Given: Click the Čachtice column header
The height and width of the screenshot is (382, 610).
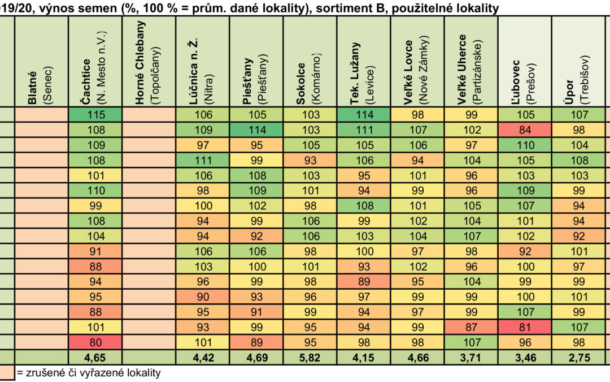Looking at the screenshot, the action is (x=95, y=62).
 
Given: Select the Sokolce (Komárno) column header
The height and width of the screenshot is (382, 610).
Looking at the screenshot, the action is (x=310, y=62).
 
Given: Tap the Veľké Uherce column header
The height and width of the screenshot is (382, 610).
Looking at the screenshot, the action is (x=471, y=62).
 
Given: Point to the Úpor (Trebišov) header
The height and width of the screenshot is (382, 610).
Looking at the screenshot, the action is (x=578, y=62).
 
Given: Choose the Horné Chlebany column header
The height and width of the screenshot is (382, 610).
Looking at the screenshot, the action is (x=149, y=62).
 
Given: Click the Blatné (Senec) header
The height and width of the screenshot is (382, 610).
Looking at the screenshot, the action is (x=42, y=62).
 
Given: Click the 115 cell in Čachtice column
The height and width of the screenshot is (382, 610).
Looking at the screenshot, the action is (x=95, y=114).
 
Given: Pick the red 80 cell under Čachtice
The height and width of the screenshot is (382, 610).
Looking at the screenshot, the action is (x=95, y=342).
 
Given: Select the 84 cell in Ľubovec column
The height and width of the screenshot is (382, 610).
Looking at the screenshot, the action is (x=525, y=130).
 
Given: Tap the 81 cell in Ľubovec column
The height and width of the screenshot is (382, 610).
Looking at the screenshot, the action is (x=525, y=327).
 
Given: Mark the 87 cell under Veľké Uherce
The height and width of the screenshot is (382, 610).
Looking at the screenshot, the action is (x=471, y=327).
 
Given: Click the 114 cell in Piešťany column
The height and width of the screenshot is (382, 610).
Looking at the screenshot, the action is (x=256, y=130).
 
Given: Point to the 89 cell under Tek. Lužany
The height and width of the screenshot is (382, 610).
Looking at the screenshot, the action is (x=364, y=281).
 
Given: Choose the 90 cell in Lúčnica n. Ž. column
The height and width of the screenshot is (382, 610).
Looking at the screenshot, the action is (x=203, y=297).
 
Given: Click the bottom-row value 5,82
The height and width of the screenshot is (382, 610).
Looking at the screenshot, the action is (x=310, y=358).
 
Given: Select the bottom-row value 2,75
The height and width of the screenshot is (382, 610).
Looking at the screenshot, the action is (x=578, y=358).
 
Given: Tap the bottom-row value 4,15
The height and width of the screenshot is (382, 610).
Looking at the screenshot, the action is (x=364, y=358).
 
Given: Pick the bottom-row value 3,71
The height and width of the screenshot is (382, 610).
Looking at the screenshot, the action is (x=471, y=358).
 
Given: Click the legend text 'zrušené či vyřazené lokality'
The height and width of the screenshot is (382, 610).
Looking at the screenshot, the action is (x=93, y=373).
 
